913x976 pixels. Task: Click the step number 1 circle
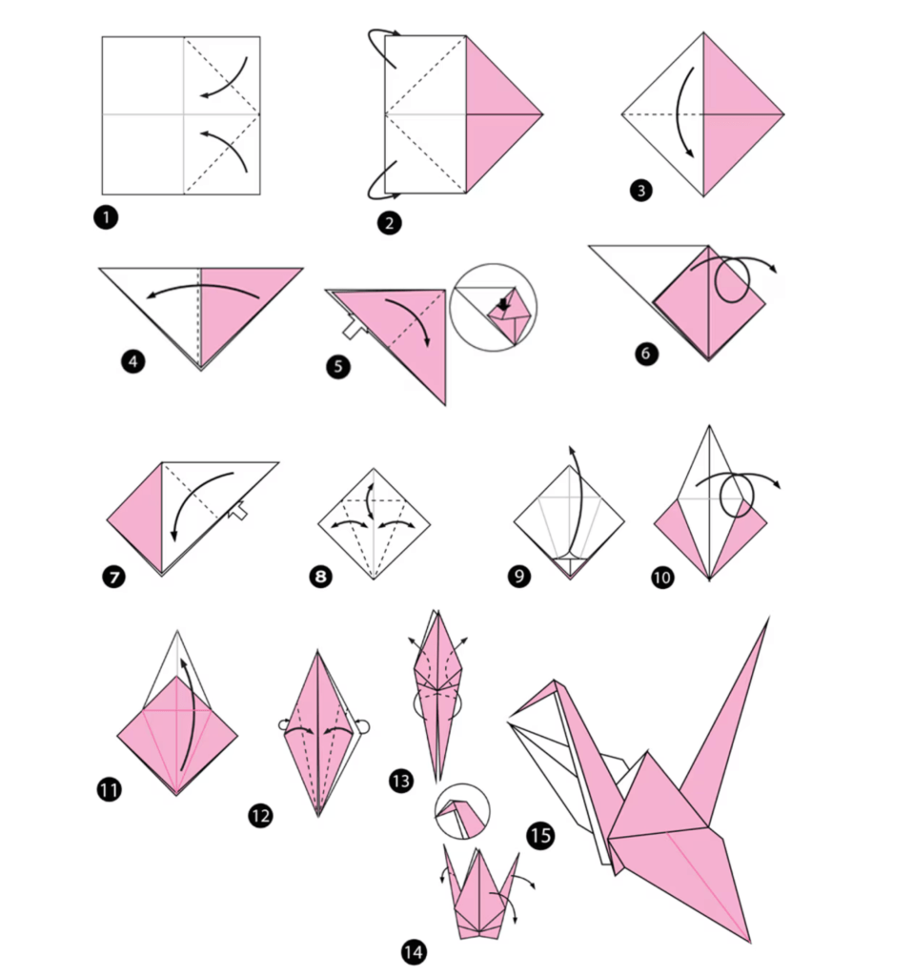(x=106, y=217)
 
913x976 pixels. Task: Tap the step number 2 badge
(x=390, y=223)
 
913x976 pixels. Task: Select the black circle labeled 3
(x=641, y=191)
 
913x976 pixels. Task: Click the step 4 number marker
(x=133, y=361)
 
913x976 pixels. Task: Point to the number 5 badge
(x=338, y=366)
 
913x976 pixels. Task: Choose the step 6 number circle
(x=647, y=354)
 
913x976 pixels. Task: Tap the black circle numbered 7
(x=114, y=577)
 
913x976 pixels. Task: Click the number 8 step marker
(x=320, y=576)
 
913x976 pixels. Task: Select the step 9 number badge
(x=519, y=576)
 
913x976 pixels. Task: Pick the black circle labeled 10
(x=662, y=578)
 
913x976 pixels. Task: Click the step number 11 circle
(x=109, y=790)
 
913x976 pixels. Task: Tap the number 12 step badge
(x=260, y=816)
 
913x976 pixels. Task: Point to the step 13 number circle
(x=401, y=781)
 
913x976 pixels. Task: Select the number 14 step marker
(x=414, y=952)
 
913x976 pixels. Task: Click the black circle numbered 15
(x=540, y=835)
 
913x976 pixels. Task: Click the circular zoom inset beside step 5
(x=493, y=308)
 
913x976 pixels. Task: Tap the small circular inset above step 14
(x=462, y=811)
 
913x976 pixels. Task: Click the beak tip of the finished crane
(x=510, y=716)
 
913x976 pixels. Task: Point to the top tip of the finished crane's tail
(x=768, y=618)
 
